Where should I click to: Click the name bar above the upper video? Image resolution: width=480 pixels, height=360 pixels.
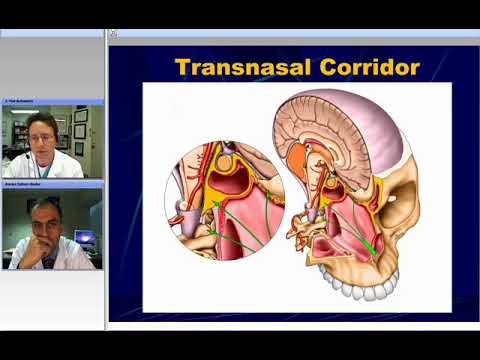52,102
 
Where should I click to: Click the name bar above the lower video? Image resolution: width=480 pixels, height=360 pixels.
52,185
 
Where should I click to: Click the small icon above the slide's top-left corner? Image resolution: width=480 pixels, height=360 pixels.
113,34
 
